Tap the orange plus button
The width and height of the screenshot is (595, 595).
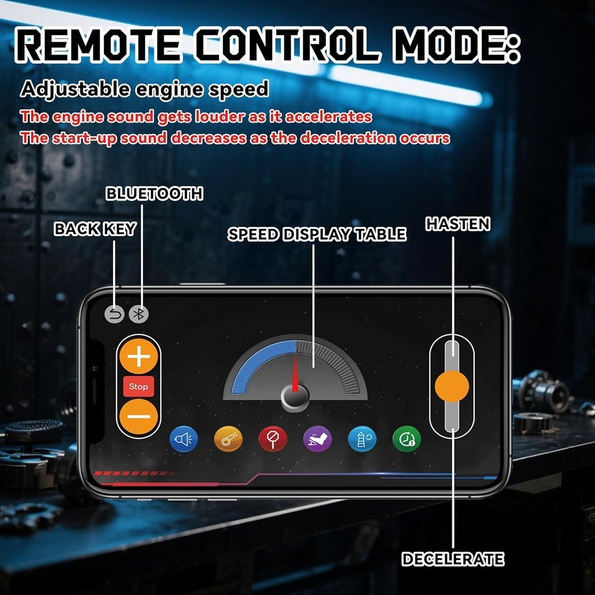click(x=139, y=356)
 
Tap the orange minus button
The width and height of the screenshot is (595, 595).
click(x=139, y=416)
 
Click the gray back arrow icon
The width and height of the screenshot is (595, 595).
click(x=114, y=314)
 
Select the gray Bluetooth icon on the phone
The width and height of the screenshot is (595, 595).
click(x=139, y=314)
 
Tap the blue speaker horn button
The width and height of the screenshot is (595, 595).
click(x=184, y=439)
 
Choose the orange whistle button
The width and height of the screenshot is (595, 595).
click(x=228, y=439)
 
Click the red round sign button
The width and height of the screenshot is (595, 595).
click(x=273, y=439)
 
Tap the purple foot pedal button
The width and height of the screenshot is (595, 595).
click(x=318, y=439)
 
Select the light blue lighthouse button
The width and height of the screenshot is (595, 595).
click(x=362, y=439)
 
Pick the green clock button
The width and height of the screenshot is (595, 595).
click(x=407, y=439)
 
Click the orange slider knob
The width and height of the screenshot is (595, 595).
click(x=452, y=386)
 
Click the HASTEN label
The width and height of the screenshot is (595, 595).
click(x=458, y=224)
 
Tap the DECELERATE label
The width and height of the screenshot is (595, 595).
click(x=453, y=559)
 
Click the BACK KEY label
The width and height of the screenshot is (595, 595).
click(x=95, y=229)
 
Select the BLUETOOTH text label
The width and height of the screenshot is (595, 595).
click(x=155, y=193)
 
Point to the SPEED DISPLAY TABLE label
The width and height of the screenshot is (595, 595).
click(x=317, y=234)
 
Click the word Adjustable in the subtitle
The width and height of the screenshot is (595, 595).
click(x=75, y=90)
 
